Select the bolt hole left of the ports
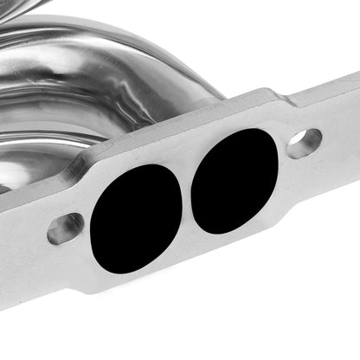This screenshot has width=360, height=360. [65, 229]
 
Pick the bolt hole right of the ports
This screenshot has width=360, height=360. [304, 144]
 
